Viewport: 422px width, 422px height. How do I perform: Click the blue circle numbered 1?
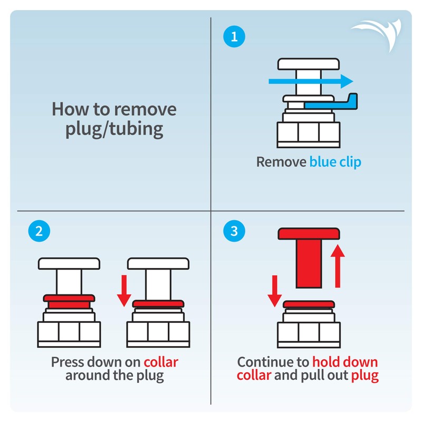point(234,36)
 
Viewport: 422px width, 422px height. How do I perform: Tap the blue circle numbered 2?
point(39,231)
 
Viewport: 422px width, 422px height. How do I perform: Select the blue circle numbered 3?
point(234,231)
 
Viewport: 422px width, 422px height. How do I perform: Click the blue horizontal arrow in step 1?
point(311,81)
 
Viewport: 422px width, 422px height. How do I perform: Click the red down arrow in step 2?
point(124,291)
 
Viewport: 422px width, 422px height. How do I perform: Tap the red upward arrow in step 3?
point(338,266)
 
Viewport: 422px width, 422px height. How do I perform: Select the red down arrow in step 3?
point(274,291)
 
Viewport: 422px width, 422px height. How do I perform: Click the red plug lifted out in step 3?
point(309,258)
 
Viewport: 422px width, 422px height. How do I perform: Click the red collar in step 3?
point(309,304)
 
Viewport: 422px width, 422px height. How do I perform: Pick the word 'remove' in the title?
point(146,110)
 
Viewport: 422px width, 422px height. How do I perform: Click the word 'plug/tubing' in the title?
point(114,130)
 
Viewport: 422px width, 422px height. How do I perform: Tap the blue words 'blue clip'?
point(335,162)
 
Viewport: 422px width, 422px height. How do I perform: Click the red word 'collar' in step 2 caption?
point(161,362)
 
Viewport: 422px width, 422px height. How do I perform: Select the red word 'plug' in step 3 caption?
point(365,376)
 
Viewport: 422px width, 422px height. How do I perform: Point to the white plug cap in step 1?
point(309,64)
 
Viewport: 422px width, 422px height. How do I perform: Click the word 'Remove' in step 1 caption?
point(281,162)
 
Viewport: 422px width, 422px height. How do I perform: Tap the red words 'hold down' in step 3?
point(345,362)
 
